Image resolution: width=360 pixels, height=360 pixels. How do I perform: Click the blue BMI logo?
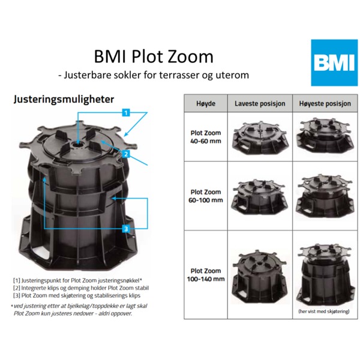tap(334, 62)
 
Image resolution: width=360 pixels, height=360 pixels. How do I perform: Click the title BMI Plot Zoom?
tap(154, 56)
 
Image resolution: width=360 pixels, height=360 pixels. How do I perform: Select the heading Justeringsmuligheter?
tap(64, 100)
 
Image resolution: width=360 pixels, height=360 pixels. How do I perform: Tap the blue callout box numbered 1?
tap(126, 113)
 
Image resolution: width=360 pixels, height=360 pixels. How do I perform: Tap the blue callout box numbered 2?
tap(126, 154)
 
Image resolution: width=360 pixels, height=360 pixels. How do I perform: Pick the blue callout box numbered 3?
tap(126, 229)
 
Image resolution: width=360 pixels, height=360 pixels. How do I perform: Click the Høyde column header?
tap(206, 104)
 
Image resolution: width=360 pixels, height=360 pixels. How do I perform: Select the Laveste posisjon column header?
tap(260, 104)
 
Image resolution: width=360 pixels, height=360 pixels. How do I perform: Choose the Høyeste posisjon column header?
tap(325, 104)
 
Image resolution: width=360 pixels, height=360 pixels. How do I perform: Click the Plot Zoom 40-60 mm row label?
tap(206, 137)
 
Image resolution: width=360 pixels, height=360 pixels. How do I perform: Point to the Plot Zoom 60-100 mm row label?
tap(206, 196)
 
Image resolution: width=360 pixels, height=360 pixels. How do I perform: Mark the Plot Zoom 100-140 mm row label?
tap(206, 275)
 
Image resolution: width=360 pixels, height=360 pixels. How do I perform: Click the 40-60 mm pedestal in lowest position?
tap(260, 138)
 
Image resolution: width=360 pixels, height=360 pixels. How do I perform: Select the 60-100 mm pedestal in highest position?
tap(325, 196)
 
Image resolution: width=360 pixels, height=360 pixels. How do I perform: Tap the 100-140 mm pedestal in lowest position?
tap(260, 275)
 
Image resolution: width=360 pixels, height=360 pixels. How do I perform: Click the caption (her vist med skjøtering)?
tap(324, 311)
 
